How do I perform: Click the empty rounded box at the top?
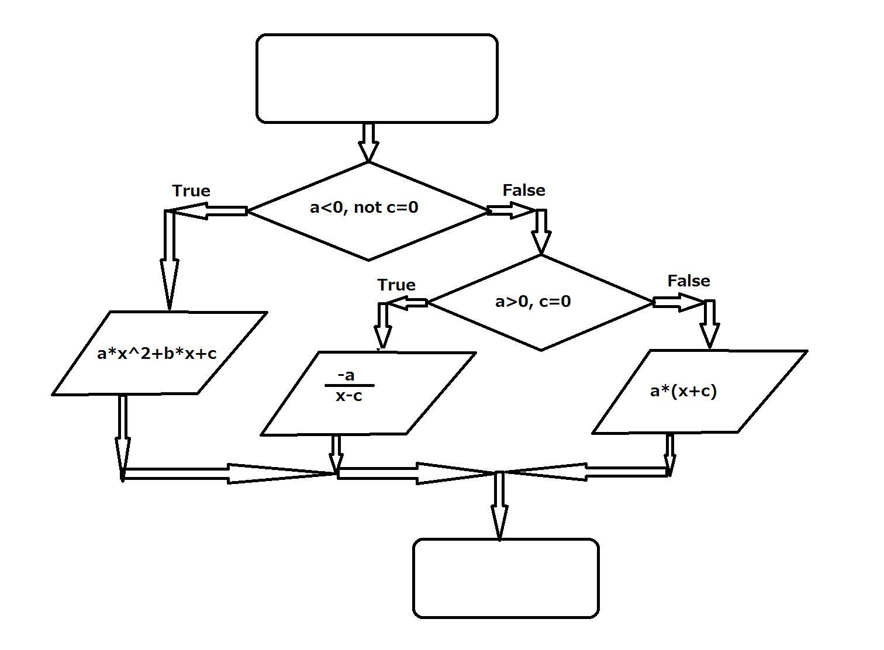(x=377, y=78)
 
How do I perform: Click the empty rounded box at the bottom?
(x=506, y=578)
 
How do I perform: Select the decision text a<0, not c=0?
(x=364, y=208)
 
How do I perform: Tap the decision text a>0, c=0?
(x=533, y=302)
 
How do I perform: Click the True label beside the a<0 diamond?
(x=191, y=191)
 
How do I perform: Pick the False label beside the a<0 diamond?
(x=524, y=191)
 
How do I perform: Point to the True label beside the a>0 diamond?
(x=396, y=285)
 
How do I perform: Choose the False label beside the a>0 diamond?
(x=689, y=281)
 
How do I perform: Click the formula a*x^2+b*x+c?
(x=157, y=354)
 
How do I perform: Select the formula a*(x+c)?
(x=683, y=391)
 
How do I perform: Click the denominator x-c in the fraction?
(x=349, y=396)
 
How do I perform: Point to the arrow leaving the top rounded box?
(x=368, y=142)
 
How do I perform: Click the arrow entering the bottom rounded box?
(x=499, y=506)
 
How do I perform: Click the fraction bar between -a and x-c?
(x=349, y=386)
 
